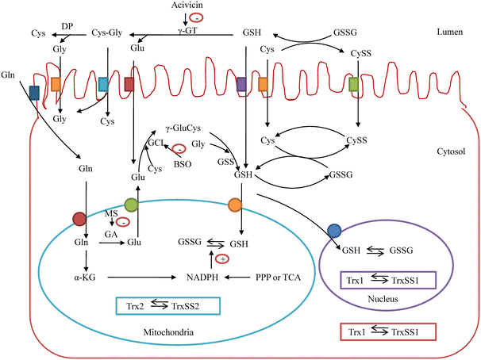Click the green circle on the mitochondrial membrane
(x=132, y=206)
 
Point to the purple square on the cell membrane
(x=241, y=83)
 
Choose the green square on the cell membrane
(x=354, y=83)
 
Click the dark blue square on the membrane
(x=34, y=93)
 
